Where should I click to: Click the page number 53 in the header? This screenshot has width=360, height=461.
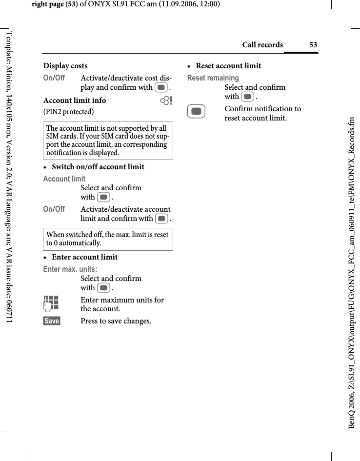pos(313,45)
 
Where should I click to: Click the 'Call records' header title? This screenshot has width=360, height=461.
pos(262,45)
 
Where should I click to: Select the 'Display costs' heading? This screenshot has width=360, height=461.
pos(65,66)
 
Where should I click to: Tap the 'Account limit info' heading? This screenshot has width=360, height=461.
pos(75,100)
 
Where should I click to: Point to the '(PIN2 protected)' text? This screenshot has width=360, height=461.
pos(69,112)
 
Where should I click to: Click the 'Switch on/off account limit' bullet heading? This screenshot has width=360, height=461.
pos(98,167)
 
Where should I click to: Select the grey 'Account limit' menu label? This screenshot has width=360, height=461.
pos(64,179)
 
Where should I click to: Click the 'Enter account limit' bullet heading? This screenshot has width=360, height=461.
pos(84,257)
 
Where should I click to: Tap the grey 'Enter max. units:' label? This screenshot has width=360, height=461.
pos(70,269)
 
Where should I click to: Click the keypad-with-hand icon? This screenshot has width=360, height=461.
pos(51,303)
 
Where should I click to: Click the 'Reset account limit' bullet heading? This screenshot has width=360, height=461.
pos(228,66)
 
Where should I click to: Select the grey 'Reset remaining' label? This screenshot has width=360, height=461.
pos(213,78)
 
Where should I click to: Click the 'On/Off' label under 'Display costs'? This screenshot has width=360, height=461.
pos(54,78)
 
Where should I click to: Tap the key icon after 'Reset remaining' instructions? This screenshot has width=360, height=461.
pos(248,97)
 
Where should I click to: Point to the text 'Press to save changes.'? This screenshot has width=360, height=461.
pos(116,321)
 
